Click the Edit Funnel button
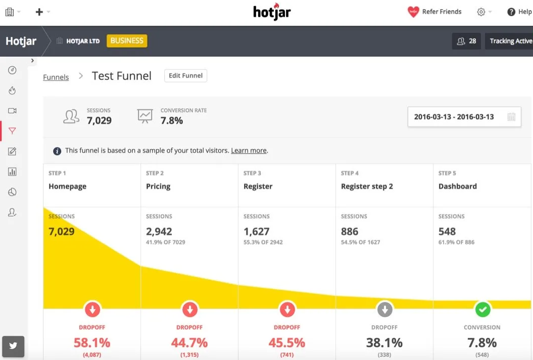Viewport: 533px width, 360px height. (x=185, y=76)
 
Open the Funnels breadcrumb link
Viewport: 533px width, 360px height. (x=56, y=77)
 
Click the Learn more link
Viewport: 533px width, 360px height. (x=249, y=151)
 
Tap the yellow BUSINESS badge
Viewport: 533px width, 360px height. (x=127, y=41)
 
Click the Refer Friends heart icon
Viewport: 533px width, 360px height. (x=413, y=12)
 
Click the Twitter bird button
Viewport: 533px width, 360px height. (x=13, y=346)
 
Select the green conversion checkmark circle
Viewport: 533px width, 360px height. (x=482, y=308)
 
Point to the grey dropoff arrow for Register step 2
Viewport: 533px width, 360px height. (x=384, y=308)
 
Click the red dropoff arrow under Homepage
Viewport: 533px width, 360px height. (x=92, y=308)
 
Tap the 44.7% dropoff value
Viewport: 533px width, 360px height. (x=189, y=342)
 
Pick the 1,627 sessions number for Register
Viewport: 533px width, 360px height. (x=257, y=232)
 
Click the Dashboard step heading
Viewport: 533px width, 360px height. (x=457, y=186)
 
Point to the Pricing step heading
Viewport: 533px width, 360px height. (x=158, y=186)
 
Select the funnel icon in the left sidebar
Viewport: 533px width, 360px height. (x=13, y=131)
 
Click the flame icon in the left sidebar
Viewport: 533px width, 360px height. (x=13, y=91)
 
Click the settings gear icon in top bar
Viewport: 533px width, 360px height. (x=481, y=12)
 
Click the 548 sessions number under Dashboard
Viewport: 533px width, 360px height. (x=447, y=232)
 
